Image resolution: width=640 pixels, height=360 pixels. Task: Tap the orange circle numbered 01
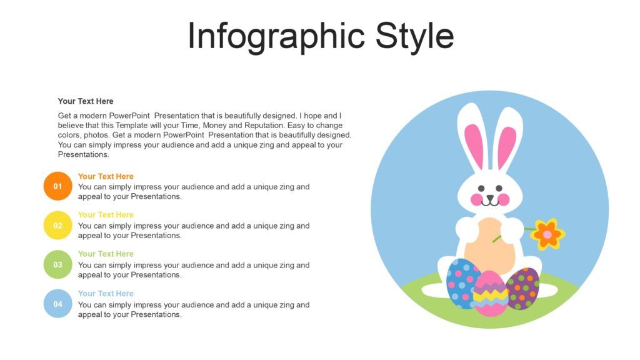click(57, 186)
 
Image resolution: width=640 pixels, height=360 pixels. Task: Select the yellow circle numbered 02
click(57, 226)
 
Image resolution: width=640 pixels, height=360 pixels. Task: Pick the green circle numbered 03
click(57, 264)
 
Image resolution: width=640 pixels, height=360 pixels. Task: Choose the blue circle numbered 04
click(57, 304)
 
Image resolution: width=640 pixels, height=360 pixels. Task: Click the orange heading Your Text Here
click(106, 176)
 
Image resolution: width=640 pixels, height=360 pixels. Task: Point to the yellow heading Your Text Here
click(106, 215)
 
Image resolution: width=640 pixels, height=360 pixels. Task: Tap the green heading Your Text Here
click(106, 254)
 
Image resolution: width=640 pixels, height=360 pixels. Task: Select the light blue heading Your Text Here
click(106, 293)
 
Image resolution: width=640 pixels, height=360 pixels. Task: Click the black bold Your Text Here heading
click(86, 101)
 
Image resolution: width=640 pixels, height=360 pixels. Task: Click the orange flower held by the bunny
click(547, 234)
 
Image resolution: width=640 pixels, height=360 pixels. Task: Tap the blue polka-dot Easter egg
click(462, 283)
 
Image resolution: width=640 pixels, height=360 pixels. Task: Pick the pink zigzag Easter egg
click(491, 294)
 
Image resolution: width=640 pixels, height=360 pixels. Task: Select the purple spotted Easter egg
click(524, 287)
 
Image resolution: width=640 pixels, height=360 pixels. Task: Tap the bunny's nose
click(490, 196)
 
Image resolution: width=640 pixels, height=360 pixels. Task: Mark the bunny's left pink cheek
click(476, 199)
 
